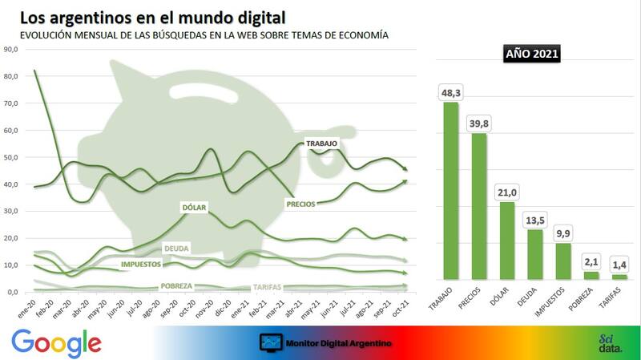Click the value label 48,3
pyautogui.click(x=451, y=92)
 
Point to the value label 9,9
pyautogui.click(x=562, y=233)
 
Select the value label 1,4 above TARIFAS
pyautogui.click(x=619, y=265)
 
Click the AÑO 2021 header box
pyautogui.click(x=533, y=55)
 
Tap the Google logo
pyautogui.click(x=57, y=343)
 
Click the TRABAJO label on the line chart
pyautogui.click(x=322, y=144)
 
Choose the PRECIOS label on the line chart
pyautogui.click(x=304, y=204)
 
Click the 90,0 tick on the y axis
pyautogui.click(x=11, y=50)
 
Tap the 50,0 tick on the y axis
pyautogui.click(x=11, y=158)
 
